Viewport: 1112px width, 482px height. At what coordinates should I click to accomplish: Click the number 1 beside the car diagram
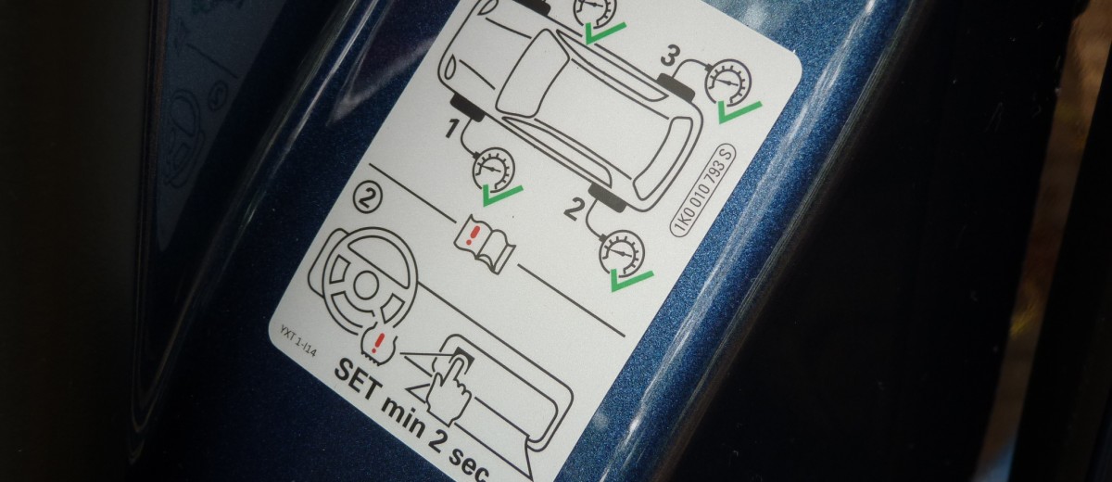(x=450, y=129)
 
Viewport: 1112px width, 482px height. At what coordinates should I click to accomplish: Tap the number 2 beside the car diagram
(x=573, y=209)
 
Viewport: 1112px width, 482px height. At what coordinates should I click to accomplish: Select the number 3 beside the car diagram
(x=669, y=57)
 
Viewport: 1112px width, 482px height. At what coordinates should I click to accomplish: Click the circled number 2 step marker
(x=367, y=200)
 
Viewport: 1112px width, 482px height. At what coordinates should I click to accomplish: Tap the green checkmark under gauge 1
(x=502, y=196)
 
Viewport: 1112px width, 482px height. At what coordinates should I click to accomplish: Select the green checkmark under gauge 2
(x=631, y=280)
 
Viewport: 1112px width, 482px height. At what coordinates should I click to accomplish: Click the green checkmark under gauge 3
(x=739, y=111)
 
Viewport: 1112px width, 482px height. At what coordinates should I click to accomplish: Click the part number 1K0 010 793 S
(x=703, y=189)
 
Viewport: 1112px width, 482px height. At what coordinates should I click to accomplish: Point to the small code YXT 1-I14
(x=297, y=340)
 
